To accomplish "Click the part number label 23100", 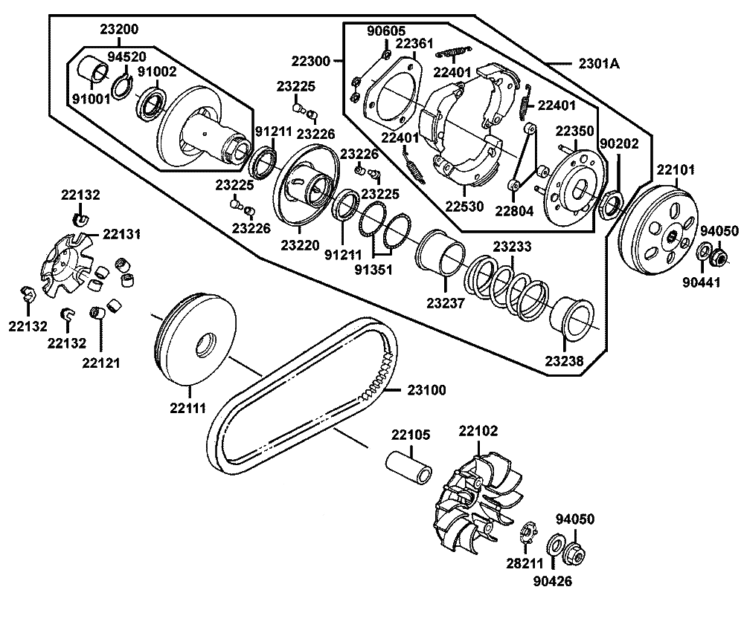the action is [x=426, y=390].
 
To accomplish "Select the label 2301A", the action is [x=599, y=63].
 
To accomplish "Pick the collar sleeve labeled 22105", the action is [x=408, y=467].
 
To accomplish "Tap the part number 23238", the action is [x=564, y=361].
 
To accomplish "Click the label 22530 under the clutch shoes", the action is [x=464, y=206].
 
